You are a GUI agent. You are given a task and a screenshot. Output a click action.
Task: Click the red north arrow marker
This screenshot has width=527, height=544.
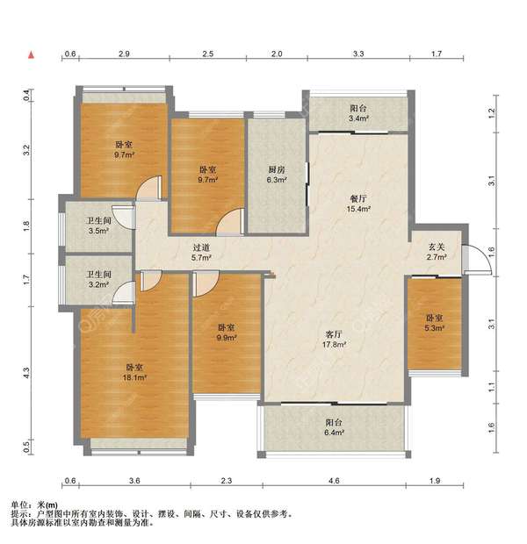point(32,54)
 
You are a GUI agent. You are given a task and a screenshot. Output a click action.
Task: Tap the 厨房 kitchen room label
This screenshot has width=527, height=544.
point(277,175)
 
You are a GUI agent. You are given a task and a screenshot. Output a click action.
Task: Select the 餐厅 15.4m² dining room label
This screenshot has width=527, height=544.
point(358,204)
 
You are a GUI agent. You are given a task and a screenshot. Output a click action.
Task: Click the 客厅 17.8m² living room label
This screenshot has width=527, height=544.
point(334,339)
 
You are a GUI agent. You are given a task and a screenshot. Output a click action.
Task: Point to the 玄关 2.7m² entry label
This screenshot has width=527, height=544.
point(437,252)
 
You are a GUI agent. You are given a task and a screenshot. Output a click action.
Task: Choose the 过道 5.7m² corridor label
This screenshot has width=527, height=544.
point(201,253)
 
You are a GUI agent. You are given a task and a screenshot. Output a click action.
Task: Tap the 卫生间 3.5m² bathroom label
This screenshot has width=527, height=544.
point(99,225)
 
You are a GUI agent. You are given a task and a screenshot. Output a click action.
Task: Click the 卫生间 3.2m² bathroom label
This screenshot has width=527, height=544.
point(99,280)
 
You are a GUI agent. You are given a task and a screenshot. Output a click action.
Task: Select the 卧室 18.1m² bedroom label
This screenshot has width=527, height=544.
point(134,372)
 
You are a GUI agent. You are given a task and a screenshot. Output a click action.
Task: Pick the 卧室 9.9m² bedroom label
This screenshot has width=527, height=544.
point(227,333)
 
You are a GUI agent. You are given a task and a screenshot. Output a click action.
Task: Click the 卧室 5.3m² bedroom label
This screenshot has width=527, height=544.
point(434,323)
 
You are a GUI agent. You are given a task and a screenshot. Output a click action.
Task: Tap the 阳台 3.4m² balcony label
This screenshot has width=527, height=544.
point(358,113)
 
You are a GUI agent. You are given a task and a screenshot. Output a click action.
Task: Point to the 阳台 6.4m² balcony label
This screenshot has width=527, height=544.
point(334,427)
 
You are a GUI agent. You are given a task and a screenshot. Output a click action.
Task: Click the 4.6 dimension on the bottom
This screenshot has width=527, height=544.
point(334,481)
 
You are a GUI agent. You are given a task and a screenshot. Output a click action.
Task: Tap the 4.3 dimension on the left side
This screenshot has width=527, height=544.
point(27,373)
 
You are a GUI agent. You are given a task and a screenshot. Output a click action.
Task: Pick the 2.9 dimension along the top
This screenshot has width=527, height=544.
point(124,54)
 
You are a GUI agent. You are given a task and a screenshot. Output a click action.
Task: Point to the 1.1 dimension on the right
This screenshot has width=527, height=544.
point(491,387)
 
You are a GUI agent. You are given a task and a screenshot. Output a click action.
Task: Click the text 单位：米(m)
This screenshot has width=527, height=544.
point(34,505)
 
